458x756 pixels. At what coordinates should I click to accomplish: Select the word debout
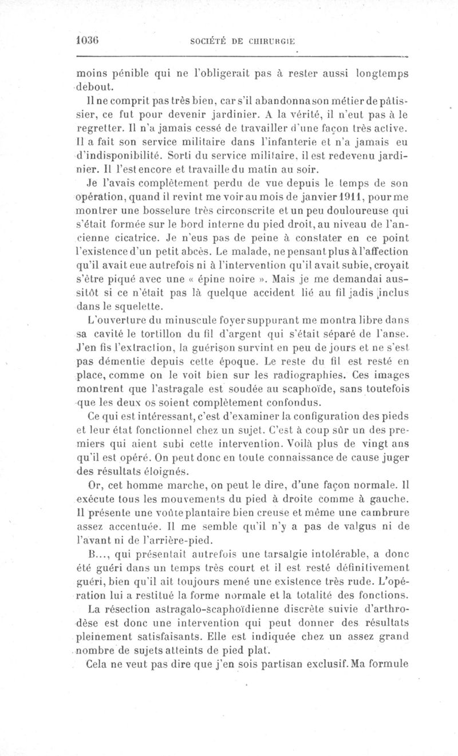pyautogui.click(x=96, y=88)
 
